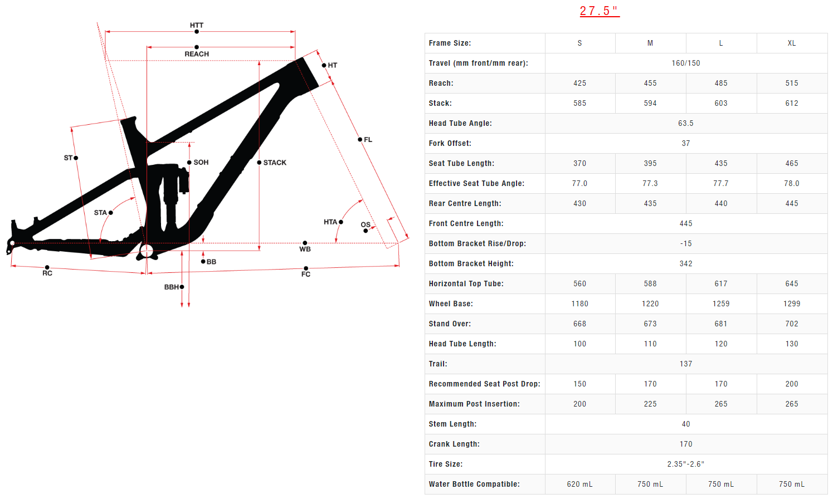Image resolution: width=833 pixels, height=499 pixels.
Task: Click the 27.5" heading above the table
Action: tap(599, 11)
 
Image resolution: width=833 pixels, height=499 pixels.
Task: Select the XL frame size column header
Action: tap(791, 43)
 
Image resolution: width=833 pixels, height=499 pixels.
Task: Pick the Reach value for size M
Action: tap(650, 84)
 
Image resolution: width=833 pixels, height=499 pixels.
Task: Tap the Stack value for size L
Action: tap(720, 104)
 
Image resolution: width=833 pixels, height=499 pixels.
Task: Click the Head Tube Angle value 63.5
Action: tap(685, 124)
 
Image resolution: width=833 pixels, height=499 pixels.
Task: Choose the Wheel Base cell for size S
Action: tap(579, 304)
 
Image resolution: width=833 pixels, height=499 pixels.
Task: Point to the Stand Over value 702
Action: tap(791, 324)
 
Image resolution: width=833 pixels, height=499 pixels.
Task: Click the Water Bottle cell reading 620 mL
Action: tap(579, 485)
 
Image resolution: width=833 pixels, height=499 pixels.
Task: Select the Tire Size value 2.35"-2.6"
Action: tap(685, 464)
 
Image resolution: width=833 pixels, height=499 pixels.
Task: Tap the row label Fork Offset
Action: tap(450, 144)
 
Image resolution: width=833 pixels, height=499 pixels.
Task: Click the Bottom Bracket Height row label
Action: tap(471, 264)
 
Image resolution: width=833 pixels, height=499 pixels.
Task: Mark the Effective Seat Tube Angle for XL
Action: tap(791, 184)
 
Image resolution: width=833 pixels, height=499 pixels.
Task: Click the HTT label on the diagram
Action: tap(197, 26)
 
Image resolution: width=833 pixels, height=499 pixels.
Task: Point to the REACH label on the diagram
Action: tap(197, 54)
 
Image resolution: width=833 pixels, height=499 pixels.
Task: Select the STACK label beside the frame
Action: tap(275, 163)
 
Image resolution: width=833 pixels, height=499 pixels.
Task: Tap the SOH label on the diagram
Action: tap(201, 163)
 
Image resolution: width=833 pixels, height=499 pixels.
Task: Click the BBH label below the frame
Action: tap(171, 287)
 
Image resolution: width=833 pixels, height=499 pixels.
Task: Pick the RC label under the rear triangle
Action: tap(47, 273)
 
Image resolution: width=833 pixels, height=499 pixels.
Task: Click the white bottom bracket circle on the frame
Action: tap(147, 251)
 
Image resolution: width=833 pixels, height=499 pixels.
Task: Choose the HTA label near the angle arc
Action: tap(330, 222)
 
